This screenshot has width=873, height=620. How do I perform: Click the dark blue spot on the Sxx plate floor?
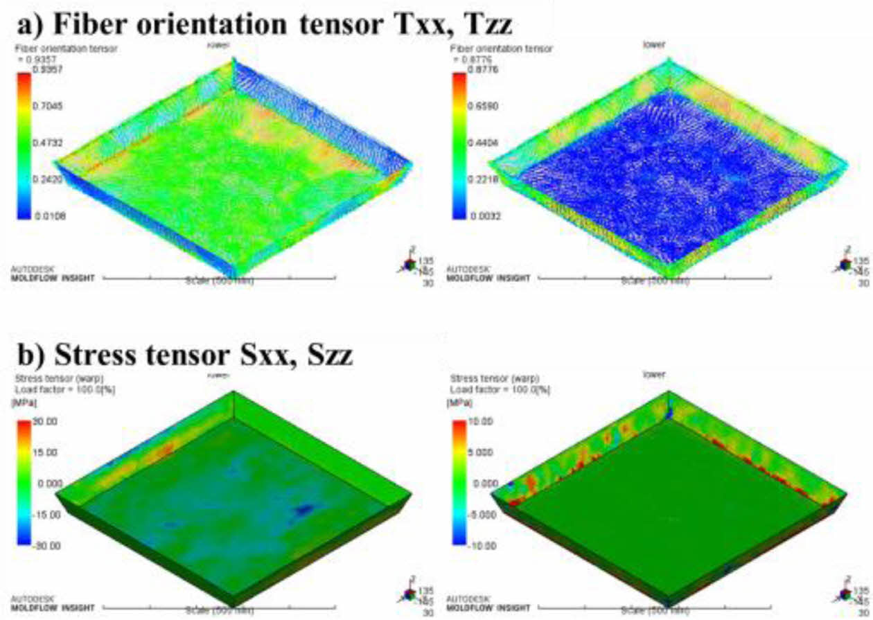click(x=303, y=511)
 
